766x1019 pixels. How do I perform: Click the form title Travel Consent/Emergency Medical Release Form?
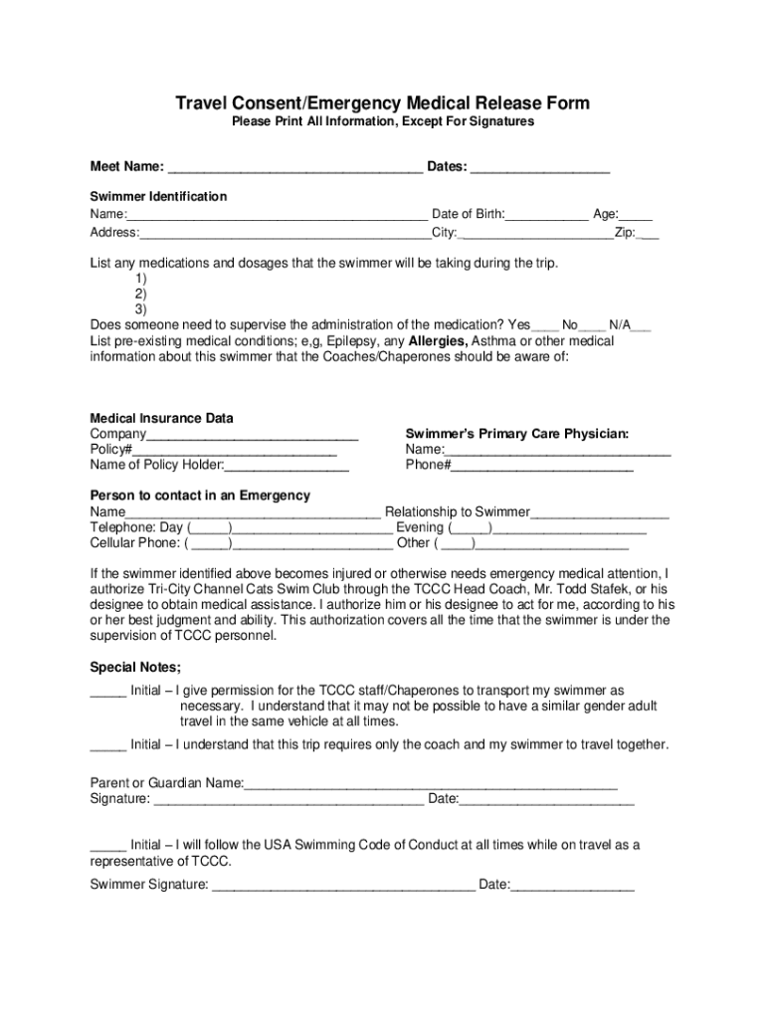(x=383, y=103)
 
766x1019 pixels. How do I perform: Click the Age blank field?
(x=637, y=216)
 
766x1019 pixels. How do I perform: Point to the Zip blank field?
(x=648, y=235)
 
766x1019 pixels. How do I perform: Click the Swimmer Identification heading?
(x=158, y=196)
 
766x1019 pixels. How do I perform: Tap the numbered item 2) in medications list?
(x=140, y=294)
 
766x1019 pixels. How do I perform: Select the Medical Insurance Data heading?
(x=161, y=418)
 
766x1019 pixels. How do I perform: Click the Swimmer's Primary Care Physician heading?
(x=516, y=434)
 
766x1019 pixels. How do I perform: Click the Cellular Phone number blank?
(x=311, y=545)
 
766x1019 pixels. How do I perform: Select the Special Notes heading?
(x=135, y=667)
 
